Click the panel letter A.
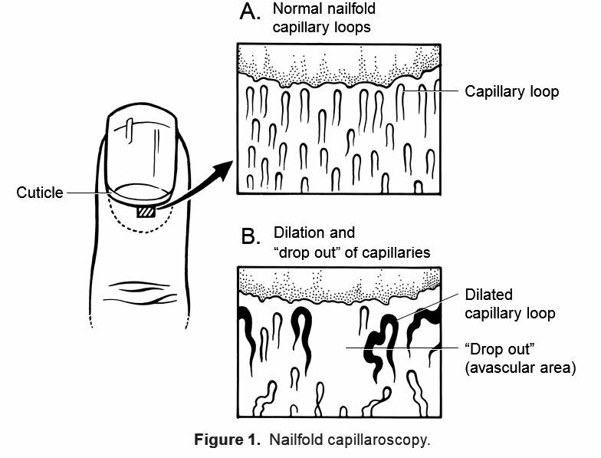click(251, 14)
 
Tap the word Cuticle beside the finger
click(39, 193)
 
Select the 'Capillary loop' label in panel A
click(511, 92)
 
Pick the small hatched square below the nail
click(146, 212)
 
